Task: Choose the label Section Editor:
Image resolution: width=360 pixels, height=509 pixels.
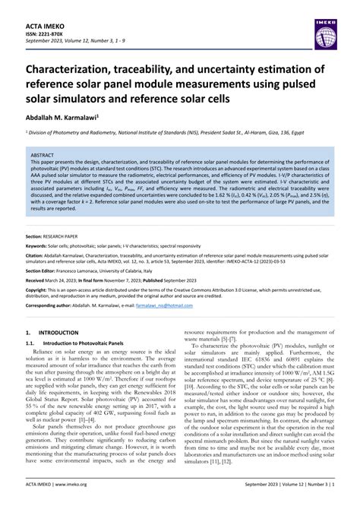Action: [x=43, y=248]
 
